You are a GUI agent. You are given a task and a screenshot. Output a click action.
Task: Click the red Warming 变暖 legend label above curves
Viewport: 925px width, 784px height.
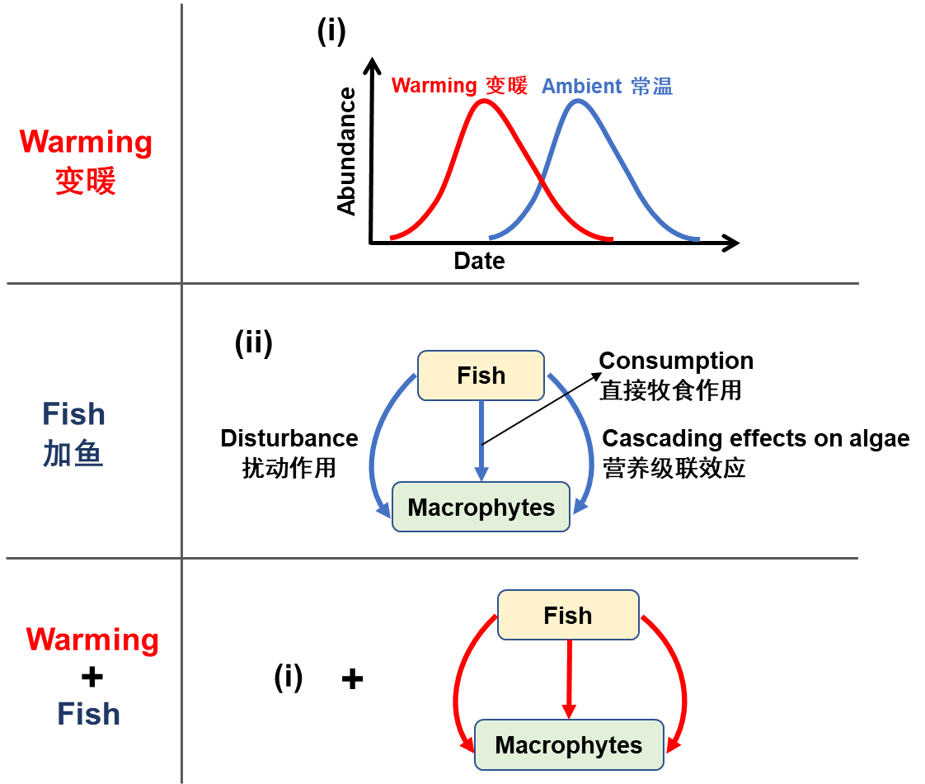[x=458, y=86]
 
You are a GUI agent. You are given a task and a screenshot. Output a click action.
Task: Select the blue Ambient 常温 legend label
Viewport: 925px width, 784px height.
[x=607, y=87]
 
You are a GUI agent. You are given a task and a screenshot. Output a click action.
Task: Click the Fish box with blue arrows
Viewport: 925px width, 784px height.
[x=481, y=375]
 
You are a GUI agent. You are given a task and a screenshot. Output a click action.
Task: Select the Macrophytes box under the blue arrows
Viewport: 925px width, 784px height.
[x=481, y=507]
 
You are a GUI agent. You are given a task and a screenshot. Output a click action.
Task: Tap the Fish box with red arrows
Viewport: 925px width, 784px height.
[x=567, y=615]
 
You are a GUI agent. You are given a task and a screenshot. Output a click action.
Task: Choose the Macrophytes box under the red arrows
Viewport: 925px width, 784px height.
[x=569, y=745]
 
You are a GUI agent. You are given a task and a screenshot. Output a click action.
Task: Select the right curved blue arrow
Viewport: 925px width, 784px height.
[x=588, y=446]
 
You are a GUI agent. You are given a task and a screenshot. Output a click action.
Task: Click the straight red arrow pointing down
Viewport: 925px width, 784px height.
[x=568, y=677]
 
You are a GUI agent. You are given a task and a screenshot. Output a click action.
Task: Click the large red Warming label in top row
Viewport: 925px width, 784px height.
[x=86, y=142]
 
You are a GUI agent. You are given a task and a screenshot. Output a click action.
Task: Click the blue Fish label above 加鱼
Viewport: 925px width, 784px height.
[x=73, y=414]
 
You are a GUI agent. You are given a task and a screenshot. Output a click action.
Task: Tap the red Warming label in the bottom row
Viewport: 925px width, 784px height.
[x=92, y=640]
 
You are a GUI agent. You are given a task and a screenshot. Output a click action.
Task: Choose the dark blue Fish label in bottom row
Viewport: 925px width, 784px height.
[x=88, y=714]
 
